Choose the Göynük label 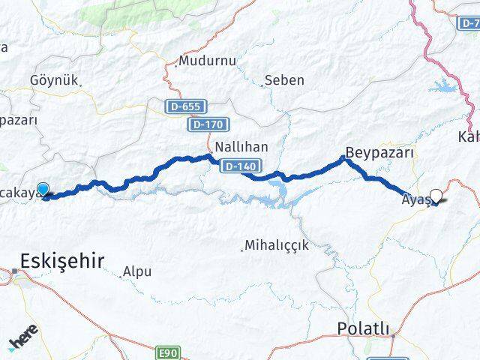(53, 80)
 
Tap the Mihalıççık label (277, 245)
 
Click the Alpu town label (138, 271)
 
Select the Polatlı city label (364, 328)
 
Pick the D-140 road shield (239, 166)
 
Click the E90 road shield (169, 352)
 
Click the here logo (22, 341)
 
